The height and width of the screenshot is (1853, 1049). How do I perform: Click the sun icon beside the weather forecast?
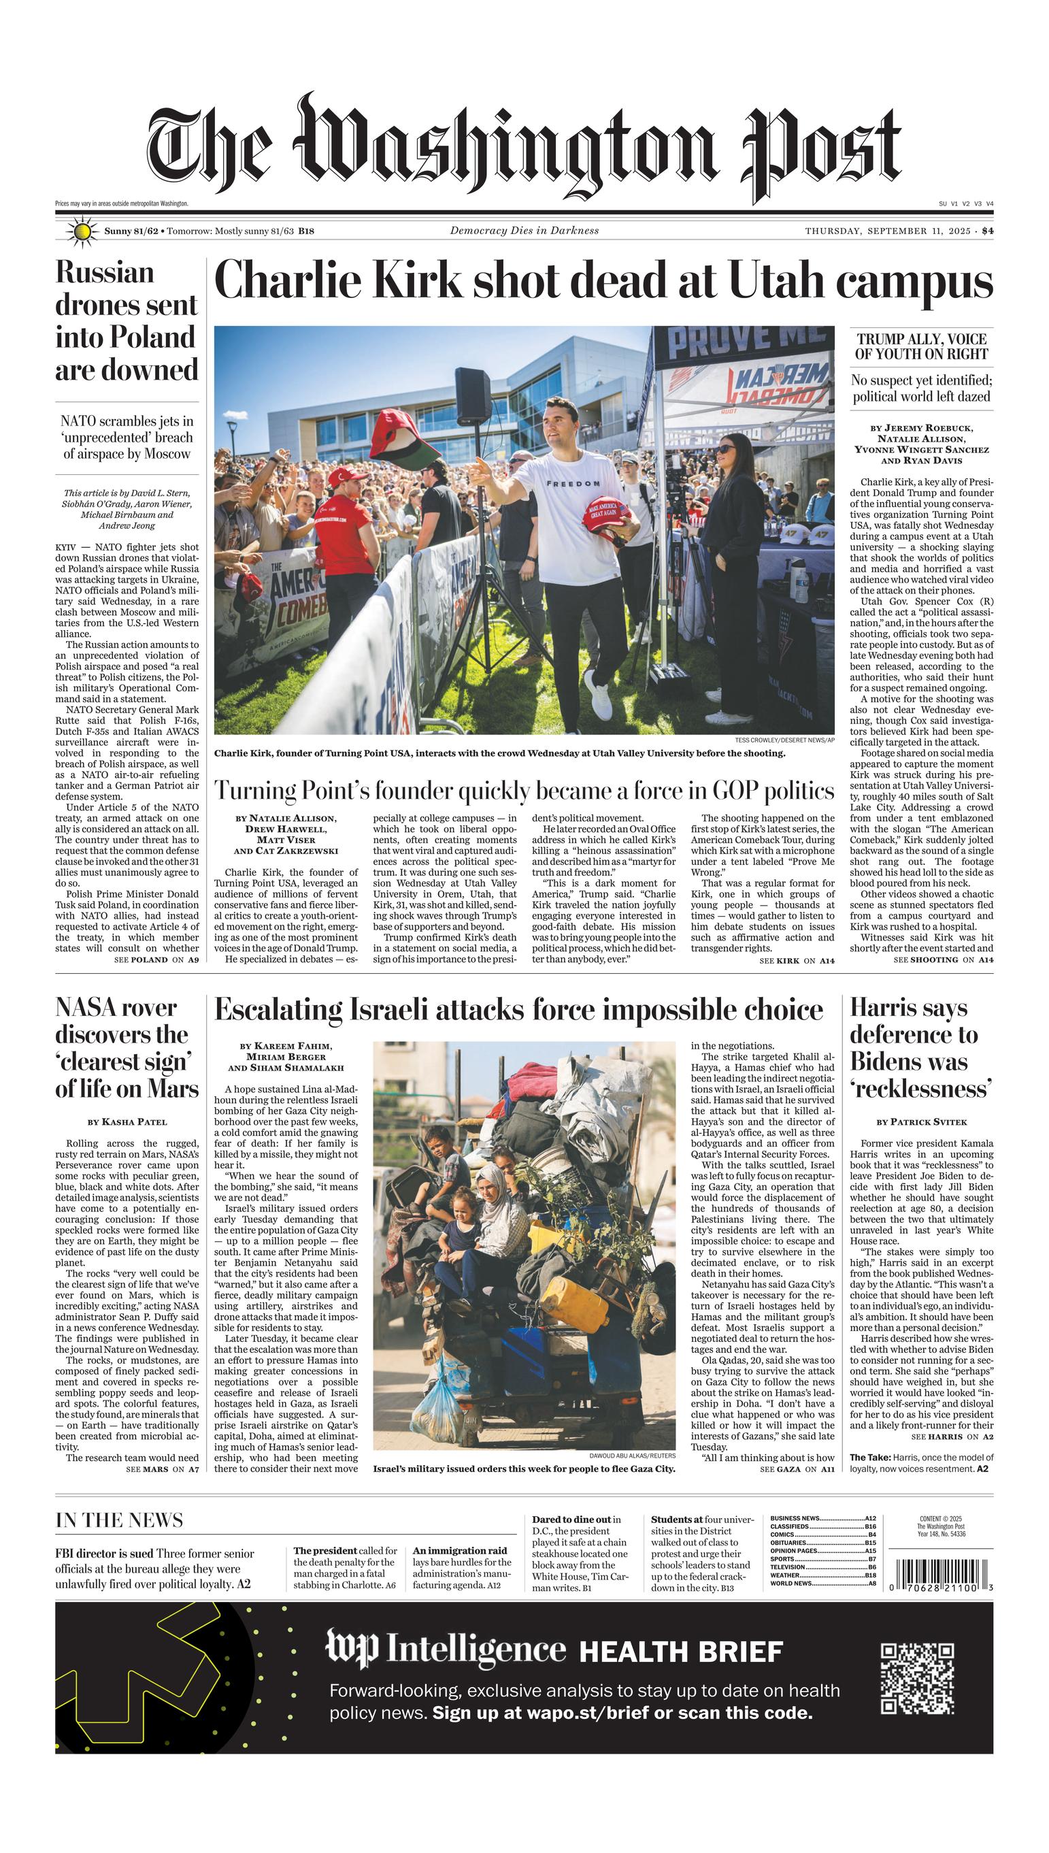point(82,231)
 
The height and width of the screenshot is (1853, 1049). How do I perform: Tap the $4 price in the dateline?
point(987,231)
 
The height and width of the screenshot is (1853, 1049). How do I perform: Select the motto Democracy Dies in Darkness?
point(524,231)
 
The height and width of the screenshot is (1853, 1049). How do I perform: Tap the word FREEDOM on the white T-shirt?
point(573,482)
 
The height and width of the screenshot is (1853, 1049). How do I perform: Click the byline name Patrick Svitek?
point(928,1121)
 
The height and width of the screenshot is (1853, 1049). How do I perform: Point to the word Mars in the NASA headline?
point(172,1089)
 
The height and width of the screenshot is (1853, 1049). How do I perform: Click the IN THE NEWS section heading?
point(119,1520)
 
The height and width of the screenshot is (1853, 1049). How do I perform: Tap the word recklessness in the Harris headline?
point(920,1089)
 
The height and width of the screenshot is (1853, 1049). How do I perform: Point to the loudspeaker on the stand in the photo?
point(473,388)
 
